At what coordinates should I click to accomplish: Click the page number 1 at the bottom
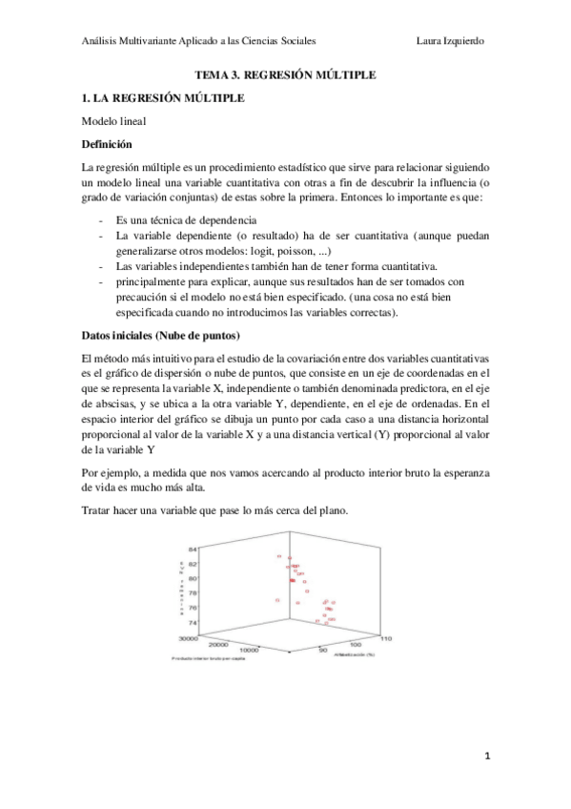pos(486,757)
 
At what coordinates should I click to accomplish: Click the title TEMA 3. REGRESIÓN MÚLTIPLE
pos(285,73)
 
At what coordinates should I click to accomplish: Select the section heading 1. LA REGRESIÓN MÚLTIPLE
pos(164,98)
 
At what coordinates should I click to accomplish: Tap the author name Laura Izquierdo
pos(451,41)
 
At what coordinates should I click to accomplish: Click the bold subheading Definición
pos(107,144)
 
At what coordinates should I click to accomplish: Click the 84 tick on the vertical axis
pos(192,550)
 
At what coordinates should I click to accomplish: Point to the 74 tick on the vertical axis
pos(192,621)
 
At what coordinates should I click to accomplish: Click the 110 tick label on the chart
pos(386,637)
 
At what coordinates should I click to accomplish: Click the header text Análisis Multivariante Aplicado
pos(153,41)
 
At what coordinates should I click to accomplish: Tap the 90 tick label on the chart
pos(323,651)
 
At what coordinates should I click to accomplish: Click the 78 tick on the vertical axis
pos(192,592)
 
